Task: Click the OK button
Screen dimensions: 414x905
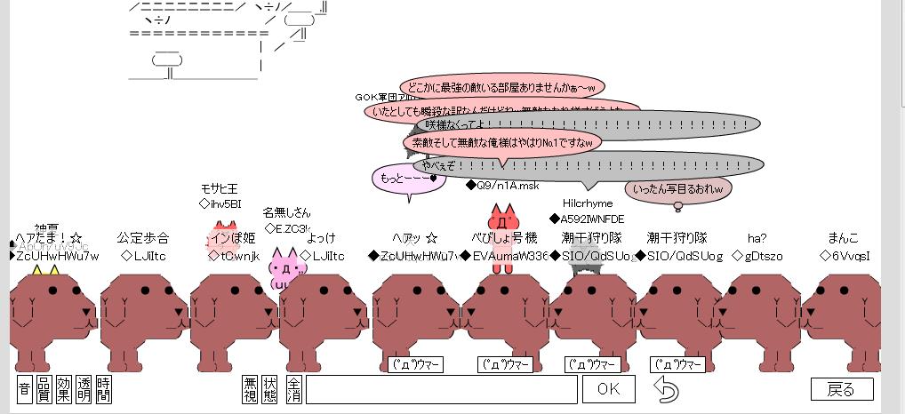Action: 608,389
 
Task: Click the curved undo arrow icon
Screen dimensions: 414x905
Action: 666,389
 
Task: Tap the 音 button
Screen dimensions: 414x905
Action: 25,389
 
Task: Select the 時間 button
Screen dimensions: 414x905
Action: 104,389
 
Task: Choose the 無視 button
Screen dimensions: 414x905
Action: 251,389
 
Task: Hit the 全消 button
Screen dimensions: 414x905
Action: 293,389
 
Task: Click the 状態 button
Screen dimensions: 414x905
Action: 270,389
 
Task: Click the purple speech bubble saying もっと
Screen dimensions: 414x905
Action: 407,178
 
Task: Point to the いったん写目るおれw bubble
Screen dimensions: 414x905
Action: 677,188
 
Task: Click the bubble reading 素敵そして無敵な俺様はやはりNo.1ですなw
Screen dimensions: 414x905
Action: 502,142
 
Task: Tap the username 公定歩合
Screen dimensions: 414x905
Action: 142,238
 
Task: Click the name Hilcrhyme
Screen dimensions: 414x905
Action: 588,203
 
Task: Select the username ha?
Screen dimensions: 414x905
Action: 757,238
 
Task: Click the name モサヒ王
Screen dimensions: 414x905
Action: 219,189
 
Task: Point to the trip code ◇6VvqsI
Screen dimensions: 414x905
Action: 845,256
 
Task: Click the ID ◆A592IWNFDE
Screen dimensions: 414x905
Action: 587,219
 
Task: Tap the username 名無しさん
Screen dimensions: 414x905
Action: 286,212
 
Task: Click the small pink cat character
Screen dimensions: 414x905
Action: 286,271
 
